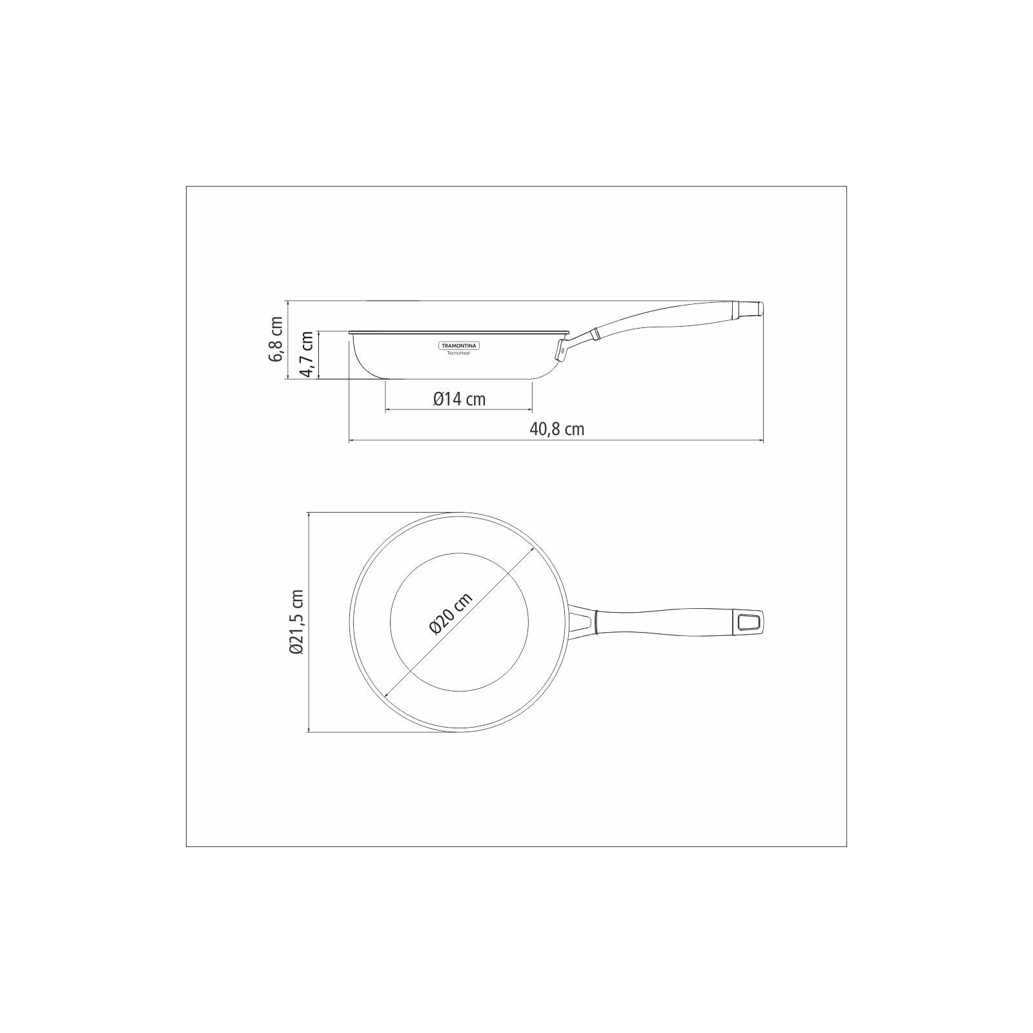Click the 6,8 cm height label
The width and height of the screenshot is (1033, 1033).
277,339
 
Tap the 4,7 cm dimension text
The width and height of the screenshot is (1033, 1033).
307,354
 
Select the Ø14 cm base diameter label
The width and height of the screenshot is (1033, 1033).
459,399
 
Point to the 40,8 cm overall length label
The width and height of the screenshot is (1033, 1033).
557,429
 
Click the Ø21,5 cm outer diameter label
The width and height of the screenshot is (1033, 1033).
297,622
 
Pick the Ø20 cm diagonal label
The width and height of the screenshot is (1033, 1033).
451,613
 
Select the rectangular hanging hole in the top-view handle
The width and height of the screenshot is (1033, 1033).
749,623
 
